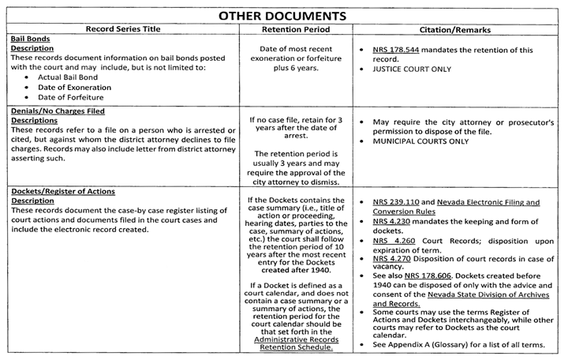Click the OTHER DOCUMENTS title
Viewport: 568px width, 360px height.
(283, 14)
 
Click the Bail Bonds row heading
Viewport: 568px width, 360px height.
(27, 39)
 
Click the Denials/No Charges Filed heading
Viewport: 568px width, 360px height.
(57, 112)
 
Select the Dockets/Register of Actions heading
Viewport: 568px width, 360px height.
(64, 191)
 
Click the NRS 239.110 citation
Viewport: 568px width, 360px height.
(398, 203)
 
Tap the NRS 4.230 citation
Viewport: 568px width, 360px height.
(392, 223)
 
